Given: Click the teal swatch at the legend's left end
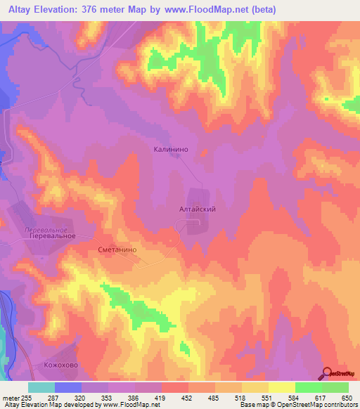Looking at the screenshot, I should pyautogui.click(x=41, y=387).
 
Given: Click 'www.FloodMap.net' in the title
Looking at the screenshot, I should pyautogui.click(x=207, y=10).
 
